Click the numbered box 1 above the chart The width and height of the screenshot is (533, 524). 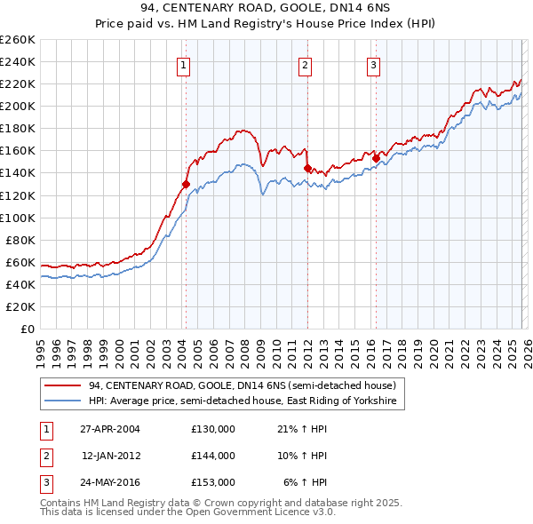[x=183, y=64]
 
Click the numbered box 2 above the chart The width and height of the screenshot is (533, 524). [x=305, y=64]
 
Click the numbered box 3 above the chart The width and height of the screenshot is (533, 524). [x=373, y=64]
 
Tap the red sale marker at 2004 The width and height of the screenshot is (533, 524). [x=186, y=184]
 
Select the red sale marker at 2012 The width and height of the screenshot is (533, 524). [x=307, y=168]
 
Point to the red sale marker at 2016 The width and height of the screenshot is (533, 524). [x=376, y=158]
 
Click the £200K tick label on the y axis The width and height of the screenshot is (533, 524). [x=18, y=106]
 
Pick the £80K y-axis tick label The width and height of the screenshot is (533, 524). [x=20, y=240]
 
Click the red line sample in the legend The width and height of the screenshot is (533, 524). [x=64, y=385]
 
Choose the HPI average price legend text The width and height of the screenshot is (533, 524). [x=243, y=401]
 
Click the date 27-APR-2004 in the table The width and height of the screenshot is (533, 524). [x=110, y=429]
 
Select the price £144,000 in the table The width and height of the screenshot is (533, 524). [x=213, y=456]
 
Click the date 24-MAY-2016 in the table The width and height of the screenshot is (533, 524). [x=110, y=482]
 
